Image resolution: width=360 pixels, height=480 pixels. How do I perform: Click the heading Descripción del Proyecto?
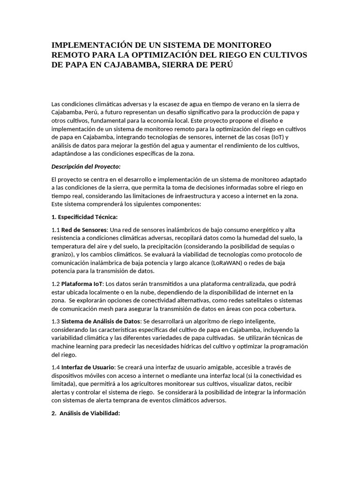[x=86, y=166]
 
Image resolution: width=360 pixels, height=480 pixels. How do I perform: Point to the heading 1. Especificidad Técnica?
[x=84, y=217]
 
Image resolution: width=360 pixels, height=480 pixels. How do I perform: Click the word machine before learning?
[x=63, y=346]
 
